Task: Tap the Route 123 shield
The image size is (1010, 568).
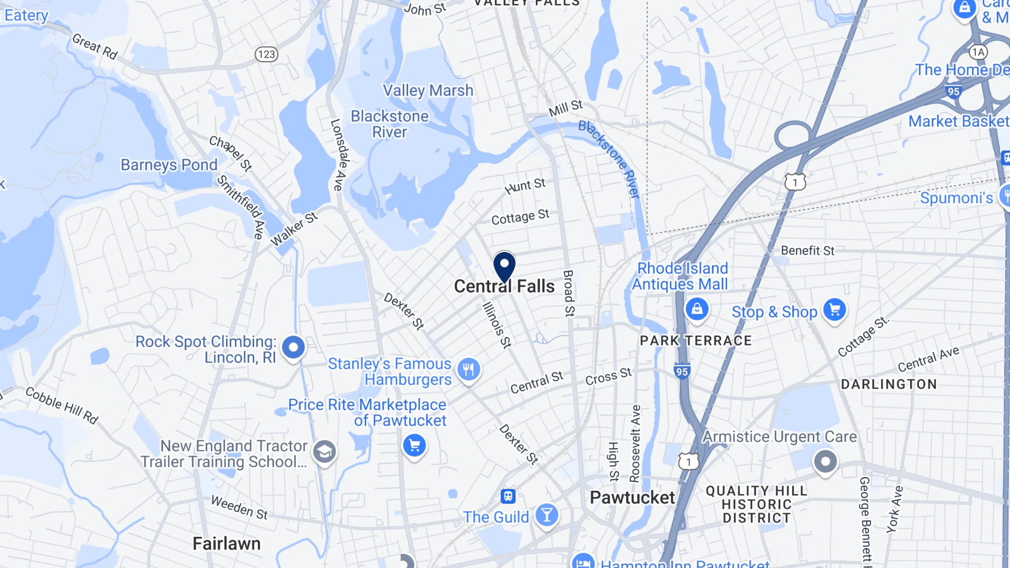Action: pyautogui.click(x=267, y=54)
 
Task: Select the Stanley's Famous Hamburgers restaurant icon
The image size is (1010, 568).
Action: pyautogui.click(x=468, y=369)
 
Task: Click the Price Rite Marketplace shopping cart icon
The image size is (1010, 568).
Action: pyautogui.click(x=415, y=445)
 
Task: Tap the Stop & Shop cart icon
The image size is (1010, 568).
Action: pyautogui.click(x=834, y=310)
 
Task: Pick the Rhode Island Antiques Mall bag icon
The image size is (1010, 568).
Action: pyautogui.click(x=696, y=309)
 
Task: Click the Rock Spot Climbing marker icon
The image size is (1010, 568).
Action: pyautogui.click(x=294, y=347)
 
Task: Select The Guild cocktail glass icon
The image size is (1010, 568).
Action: pyautogui.click(x=547, y=515)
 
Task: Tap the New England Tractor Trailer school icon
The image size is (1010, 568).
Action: pyautogui.click(x=325, y=452)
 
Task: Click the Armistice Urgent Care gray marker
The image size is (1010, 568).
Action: pyautogui.click(x=825, y=462)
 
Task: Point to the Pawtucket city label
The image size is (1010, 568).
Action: pyautogui.click(x=632, y=498)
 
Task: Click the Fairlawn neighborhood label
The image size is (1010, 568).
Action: pyautogui.click(x=226, y=543)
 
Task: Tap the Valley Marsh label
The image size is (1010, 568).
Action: pyautogui.click(x=428, y=90)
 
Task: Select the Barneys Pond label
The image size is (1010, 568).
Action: pyautogui.click(x=169, y=165)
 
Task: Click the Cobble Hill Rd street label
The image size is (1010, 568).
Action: pyautogui.click(x=62, y=405)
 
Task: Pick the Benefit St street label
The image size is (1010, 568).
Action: pyautogui.click(x=807, y=251)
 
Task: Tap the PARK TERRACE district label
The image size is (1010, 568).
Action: pyautogui.click(x=695, y=341)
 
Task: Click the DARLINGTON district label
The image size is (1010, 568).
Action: pyautogui.click(x=888, y=384)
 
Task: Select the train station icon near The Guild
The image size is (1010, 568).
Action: pyautogui.click(x=508, y=496)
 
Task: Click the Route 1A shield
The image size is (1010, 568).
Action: pyautogui.click(x=978, y=52)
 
